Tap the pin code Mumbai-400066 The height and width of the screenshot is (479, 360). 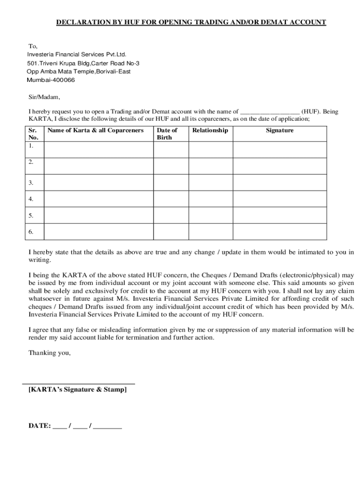(x=51, y=80)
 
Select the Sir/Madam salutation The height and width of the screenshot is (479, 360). (x=44, y=97)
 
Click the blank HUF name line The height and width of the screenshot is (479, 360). (x=270, y=112)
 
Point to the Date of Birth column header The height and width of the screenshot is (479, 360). (x=167, y=134)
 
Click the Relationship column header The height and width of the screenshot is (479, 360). (x=210, y=131)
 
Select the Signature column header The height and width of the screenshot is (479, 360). (x=280, y=131)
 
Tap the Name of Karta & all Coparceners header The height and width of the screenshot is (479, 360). (x=95, y=131)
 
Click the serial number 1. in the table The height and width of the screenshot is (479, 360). (x=31, y=145)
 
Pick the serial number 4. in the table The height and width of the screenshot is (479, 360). (x=31, y=199)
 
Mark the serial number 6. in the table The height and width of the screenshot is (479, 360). (x=31, y=232)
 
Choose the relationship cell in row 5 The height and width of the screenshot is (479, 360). (x=210, y=216)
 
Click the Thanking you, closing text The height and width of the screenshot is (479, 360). (x=50, y=353)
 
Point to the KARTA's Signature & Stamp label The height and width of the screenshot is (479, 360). (x=78, y=389)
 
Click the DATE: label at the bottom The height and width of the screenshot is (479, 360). (x=40, y=426)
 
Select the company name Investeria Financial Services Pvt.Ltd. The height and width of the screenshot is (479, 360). (x=77, y=55)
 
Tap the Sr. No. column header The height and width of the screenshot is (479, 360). (x=34, y=134)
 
